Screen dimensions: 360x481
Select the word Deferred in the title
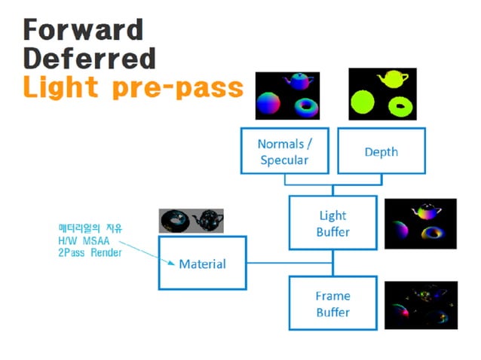click(x=89, y=58)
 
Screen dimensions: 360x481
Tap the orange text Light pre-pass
click(x=133, y=87)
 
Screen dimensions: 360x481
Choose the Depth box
click(x=381, y=151)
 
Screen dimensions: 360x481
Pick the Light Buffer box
click(x=332, y=224)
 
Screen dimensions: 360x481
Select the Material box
click(x=201, y=264)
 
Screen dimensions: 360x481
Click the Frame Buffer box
click(x=332, y=304)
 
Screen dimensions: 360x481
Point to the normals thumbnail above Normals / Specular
click(x=287, y=96)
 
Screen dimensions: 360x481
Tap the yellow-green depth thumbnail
click(x=382, y=93)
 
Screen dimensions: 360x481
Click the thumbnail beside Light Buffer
click(x=420, y=224)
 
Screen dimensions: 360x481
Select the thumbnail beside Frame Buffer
click(x=420, y=305)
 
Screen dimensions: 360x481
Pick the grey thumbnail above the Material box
click(x=191, y=220)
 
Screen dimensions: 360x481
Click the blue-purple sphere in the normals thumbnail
click(x=271, y=104)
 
